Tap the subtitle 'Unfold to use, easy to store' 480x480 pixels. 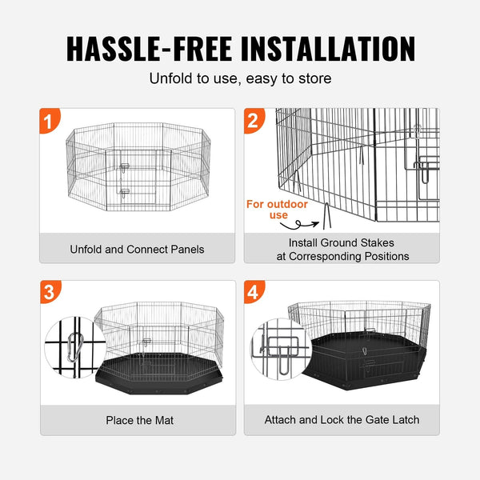[x=240, y=79]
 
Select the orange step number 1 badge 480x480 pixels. [x=50, y=122]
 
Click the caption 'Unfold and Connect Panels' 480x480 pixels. [x=138, y=249]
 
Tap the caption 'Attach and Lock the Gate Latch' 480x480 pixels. [x=342, y=420]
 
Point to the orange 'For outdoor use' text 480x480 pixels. [x=276, y=210]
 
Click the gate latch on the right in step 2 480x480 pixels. [x=424, y=168]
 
